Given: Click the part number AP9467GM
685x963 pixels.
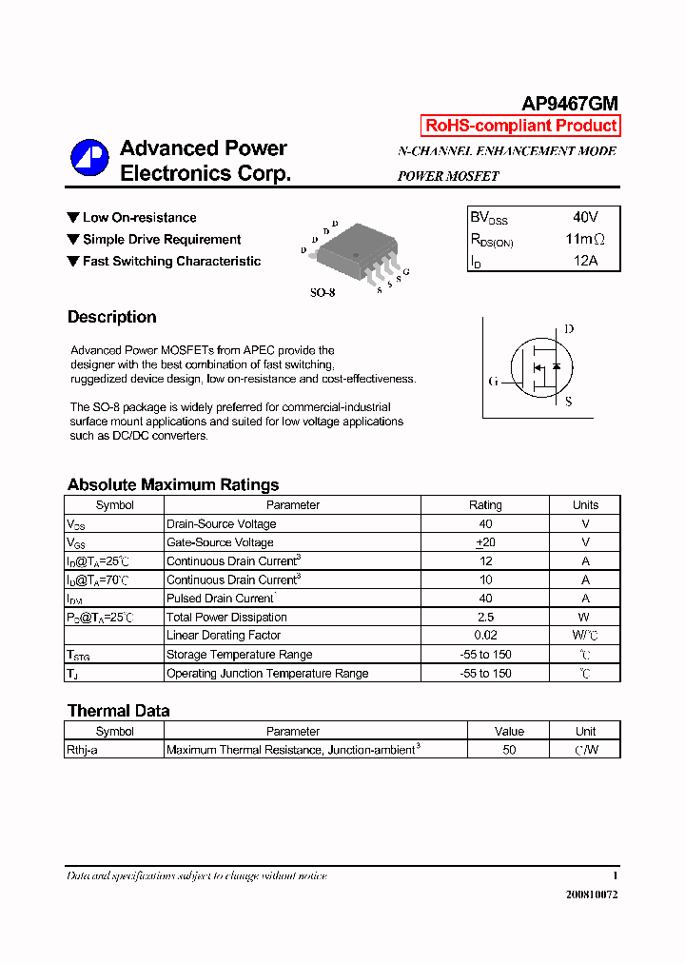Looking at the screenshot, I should coord(570,105).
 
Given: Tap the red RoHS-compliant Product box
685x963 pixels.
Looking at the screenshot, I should coord(520,126).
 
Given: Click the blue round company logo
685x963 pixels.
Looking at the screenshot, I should coord(89,158).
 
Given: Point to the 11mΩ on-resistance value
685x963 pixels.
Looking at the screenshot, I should coord(584,240).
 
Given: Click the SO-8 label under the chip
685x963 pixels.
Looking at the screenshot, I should coord(323,293).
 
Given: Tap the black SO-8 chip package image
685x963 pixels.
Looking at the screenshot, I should coord(353,251).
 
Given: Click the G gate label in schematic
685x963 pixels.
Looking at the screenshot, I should coord(493,382).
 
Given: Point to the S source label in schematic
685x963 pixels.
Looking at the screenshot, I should coord(568,402).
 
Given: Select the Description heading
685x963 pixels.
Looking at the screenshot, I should coord(111,317).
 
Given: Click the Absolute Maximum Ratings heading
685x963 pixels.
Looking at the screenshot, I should coord(173,484).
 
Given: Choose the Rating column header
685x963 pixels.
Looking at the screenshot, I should coord(485,505).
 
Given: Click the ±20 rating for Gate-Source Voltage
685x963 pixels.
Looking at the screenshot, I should coord(485,542).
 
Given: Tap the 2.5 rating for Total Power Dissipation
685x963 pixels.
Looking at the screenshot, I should coord(485,618).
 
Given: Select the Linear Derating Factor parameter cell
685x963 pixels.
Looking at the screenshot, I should coord(224,636).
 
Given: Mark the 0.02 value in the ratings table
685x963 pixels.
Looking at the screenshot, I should coord(485,636).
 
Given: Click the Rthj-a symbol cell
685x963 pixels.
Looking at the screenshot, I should coord(82,750).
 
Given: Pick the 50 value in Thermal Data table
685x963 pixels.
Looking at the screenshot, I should coord(509,750).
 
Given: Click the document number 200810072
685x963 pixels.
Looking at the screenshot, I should coord(592,895).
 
